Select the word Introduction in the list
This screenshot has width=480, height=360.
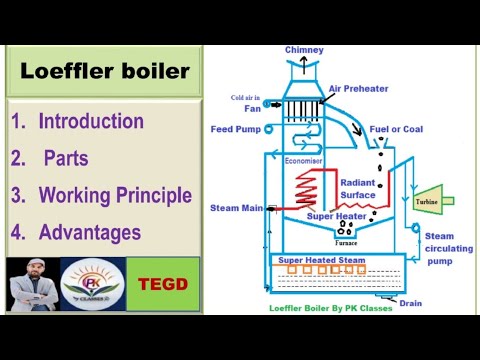pos(91,122)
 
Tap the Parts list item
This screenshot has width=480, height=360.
pos(72,158)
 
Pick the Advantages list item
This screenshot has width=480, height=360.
pos(89,232)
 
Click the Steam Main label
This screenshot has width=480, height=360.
pos(236,208)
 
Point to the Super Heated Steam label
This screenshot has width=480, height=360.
pos(321,261)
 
